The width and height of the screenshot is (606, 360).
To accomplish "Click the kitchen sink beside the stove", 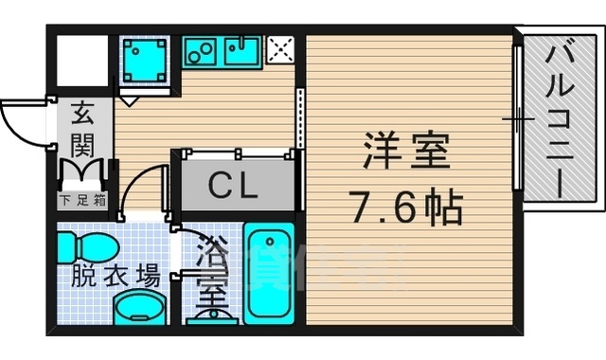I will point(243,50).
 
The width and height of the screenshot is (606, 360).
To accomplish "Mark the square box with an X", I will point(281,49).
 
